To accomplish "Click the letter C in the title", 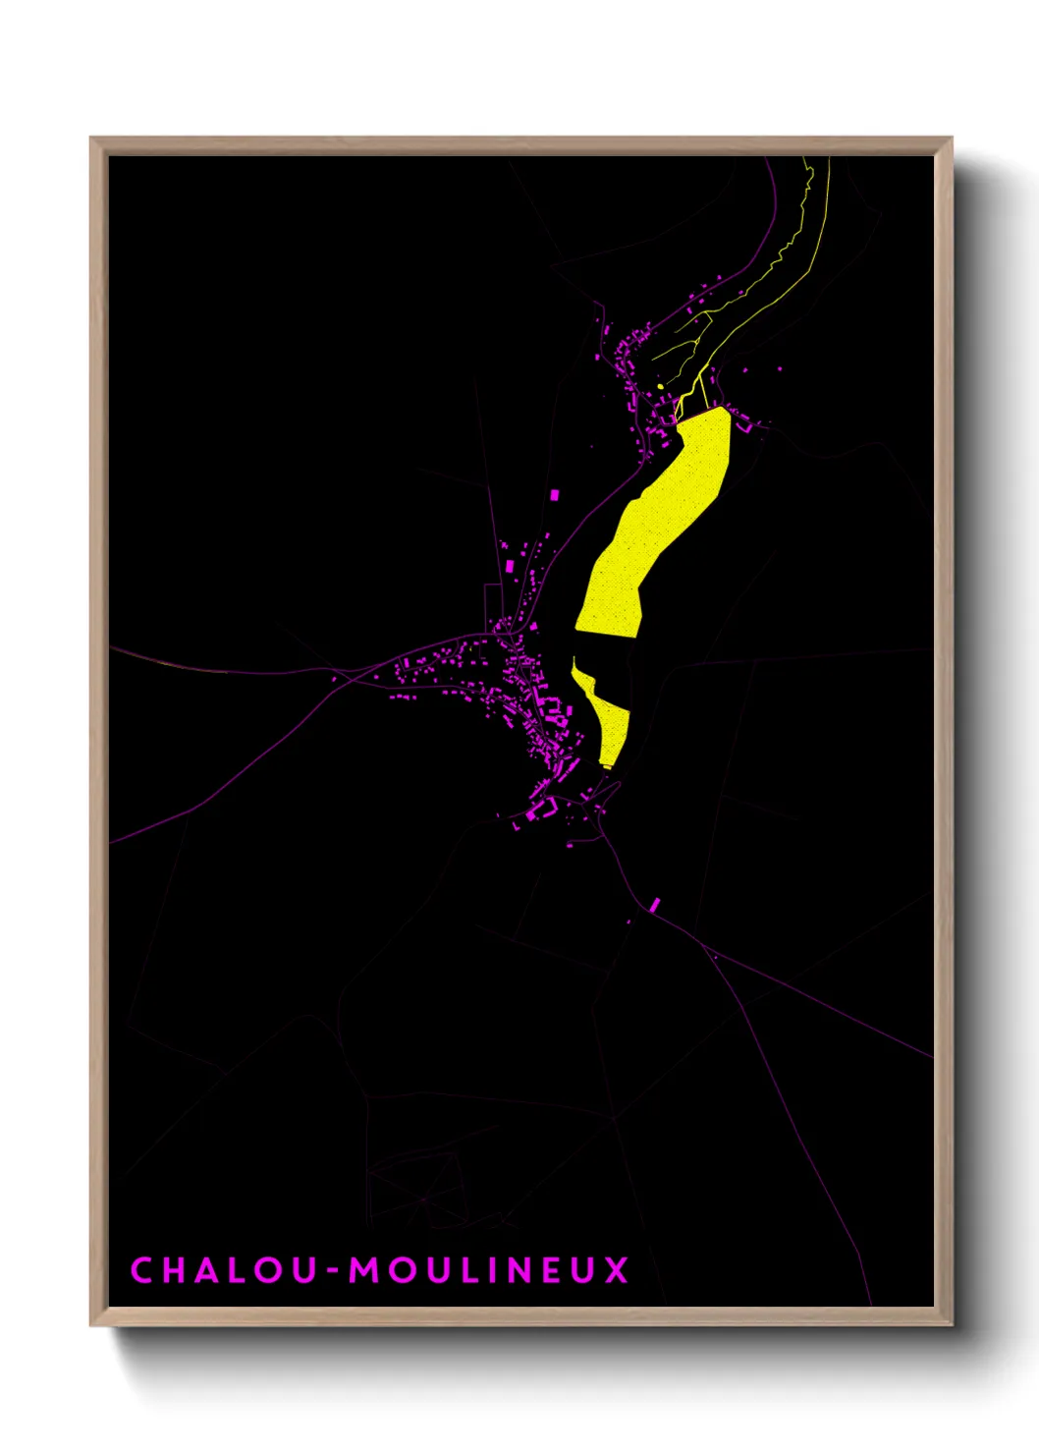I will click(x=142, y=1269).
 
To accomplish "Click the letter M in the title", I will click(x=365, y=1269).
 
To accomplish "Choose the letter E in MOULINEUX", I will click(x=558, y=1269).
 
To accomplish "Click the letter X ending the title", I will click(x=616, y=1269).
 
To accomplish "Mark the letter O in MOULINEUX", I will click(x=402, y=1269).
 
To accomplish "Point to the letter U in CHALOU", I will click(x=304, y=1269).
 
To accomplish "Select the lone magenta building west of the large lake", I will click(x=554, y=495).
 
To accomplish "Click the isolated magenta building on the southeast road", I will click(x=655, y=904).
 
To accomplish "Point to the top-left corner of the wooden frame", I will click(x=92, y=139).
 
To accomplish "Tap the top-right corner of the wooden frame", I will click(x=951, y=139).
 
